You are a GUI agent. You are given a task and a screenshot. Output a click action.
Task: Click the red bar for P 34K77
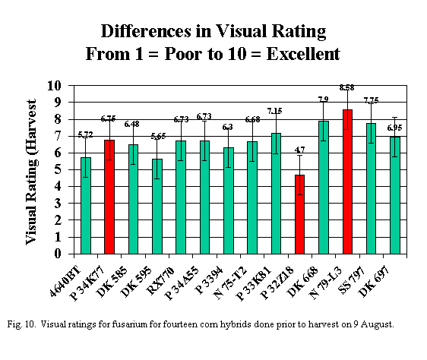pos(109,197)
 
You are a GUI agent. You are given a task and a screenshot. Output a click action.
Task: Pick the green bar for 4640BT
pos(86,205)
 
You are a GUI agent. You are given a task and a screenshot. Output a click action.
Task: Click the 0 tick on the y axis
pos(58,254)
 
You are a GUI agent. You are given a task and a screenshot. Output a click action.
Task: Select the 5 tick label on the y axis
pos(58,169)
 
